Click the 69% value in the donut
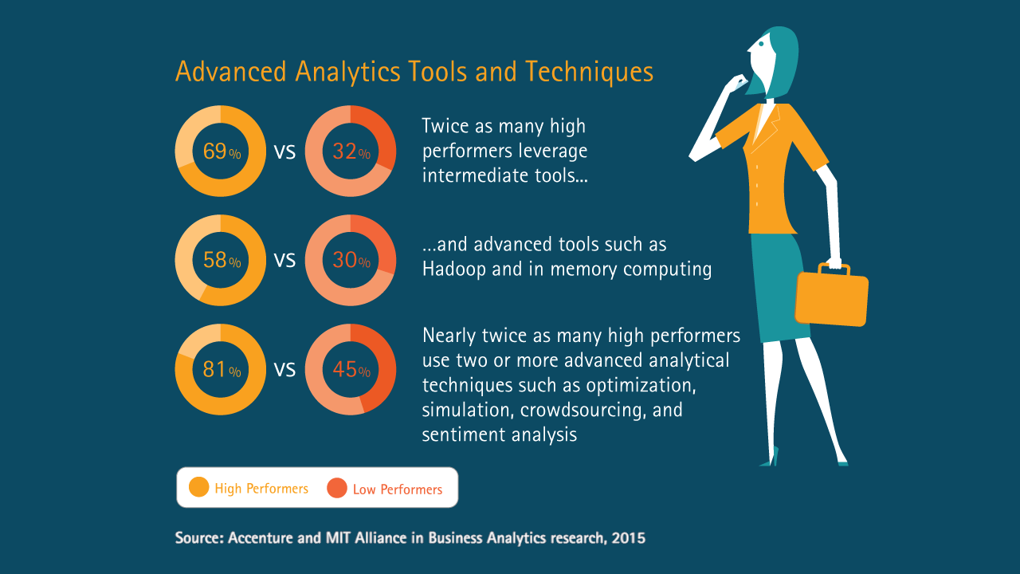(x=222, y=151)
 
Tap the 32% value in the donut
(x=351, y=151)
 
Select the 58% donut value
(x=222, y=260)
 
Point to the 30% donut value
(x=351, y=260)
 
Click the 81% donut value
(x=222, y=369)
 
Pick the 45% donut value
(x=351, y=369)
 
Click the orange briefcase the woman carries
(x=831, y=295)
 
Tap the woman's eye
(x=761, y=44)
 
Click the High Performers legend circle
(x=198, y=487)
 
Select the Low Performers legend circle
(x=337, y=488)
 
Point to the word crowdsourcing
(x=583, y=410)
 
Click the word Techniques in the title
(x=589, y=72)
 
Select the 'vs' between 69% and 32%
(x=284, y=151)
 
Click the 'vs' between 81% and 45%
(x=284, y=369)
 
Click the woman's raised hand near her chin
(x=734, y=85)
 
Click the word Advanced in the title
(x=231, y=72)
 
